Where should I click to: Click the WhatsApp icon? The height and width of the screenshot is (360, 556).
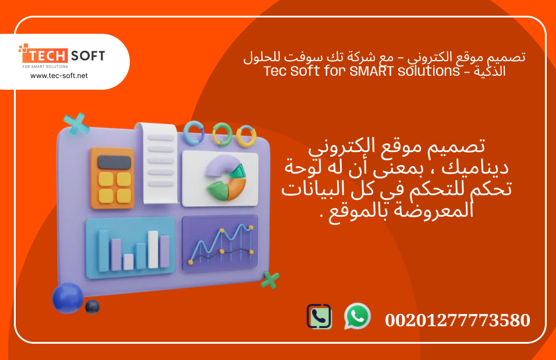point(357,316)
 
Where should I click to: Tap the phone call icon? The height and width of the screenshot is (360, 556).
point(319,316)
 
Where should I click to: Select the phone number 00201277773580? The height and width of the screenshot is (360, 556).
point(457,320)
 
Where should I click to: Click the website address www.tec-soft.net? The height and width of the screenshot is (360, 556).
point(59,76)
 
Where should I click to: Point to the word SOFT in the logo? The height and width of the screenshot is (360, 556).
point(88,57)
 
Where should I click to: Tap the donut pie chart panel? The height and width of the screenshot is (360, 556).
point(220,178)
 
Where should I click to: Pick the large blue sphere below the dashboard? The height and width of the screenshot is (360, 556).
point(68,298)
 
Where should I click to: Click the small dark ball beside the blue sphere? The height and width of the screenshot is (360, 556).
point(92,307)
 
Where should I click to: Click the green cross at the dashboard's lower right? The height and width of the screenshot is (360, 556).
point(270,280)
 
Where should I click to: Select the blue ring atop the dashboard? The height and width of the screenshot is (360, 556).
point(193,132)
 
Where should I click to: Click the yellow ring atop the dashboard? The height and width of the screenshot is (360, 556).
point(246,135)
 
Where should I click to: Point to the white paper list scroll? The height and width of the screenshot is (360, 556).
point(160,164)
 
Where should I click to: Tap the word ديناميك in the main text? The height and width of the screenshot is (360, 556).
point(476,168)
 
